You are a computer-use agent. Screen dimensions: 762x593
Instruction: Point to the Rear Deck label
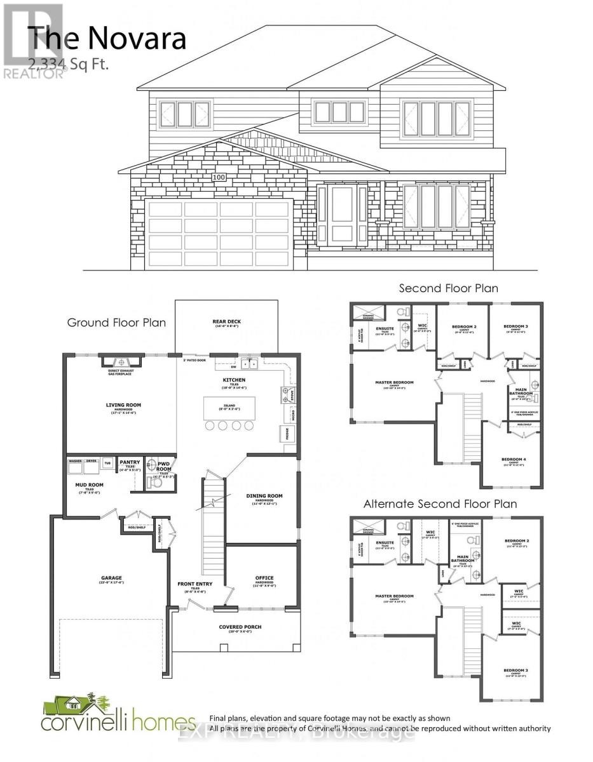click(x=226, y=322)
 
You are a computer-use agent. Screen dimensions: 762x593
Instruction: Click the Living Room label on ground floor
click(x=123, y=404)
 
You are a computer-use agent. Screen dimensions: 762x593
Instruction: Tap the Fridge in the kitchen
click(x=283, y=434)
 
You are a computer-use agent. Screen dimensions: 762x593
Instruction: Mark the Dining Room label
click(x=264, y=496)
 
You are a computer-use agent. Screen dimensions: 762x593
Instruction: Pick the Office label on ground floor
click(x=264, y=578)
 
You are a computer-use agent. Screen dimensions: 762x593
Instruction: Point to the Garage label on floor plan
click(x=110, y=578)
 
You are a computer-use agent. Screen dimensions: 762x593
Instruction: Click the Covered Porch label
click(x=241, y=627)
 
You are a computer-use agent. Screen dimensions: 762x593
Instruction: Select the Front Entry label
click(x=196, y=584)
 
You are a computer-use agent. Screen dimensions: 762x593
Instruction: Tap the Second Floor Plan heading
click(x=448, y=288)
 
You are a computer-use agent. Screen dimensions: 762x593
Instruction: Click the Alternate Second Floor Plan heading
click(x=440, y=504)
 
